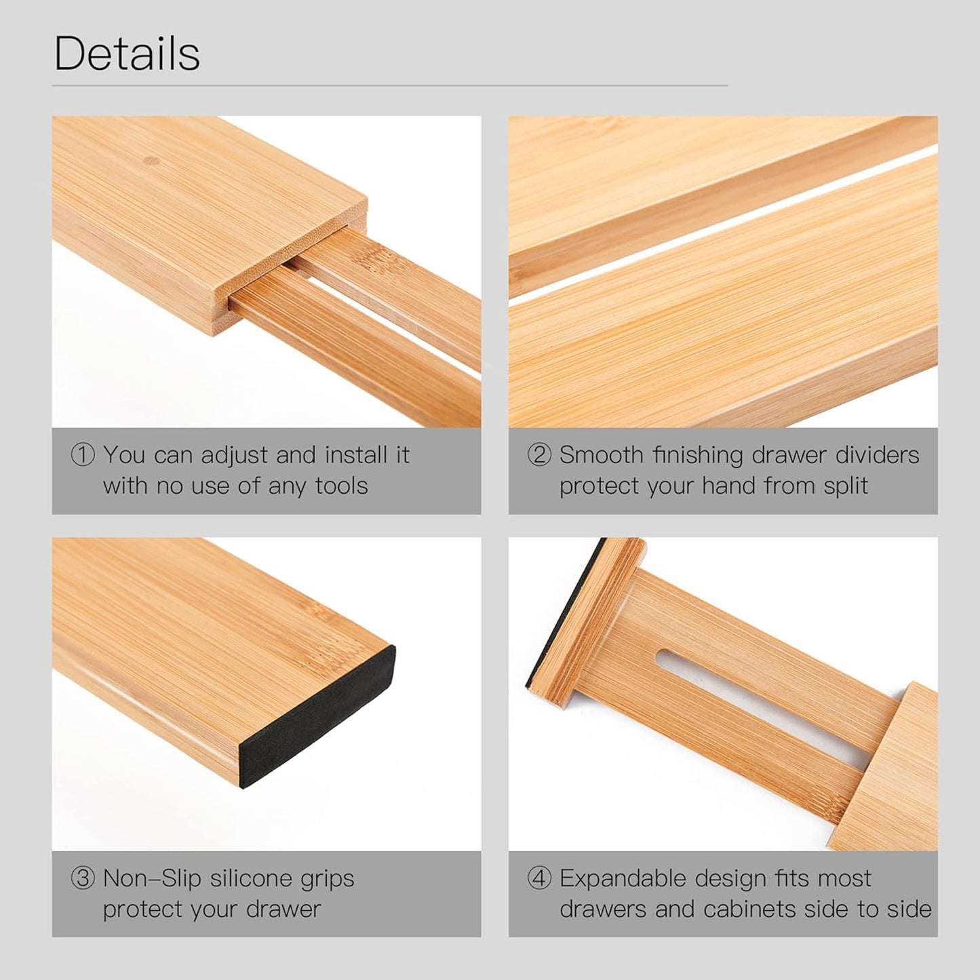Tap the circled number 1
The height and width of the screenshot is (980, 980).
click(83, 455)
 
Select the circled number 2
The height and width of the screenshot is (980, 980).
click(539, 455)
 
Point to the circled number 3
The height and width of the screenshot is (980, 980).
click(83, 879)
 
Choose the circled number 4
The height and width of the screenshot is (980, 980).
click(539, 879)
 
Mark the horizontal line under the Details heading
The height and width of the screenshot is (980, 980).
click(390, 86)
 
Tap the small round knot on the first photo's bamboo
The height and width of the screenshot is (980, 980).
click(152, 161)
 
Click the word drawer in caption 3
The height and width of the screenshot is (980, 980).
click(283, 909)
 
